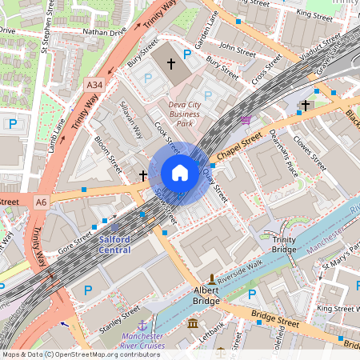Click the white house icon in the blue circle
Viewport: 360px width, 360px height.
click(179, 173)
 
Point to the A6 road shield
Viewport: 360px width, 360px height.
click(41, 202)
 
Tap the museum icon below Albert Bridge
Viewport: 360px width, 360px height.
click(194, 323)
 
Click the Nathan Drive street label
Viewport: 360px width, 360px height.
click(106, 34)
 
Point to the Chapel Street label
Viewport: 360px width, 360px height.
click(240, 146)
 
